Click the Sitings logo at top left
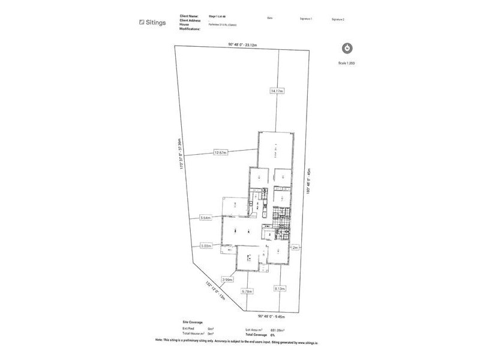tap(152, 22)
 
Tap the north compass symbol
tap(347, 48)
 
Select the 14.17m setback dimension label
tap(277, 91)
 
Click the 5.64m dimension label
tap(206, 218)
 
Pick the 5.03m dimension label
tap(206, 245)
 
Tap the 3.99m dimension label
tap(227, 280)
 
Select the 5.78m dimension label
tap(247, 291)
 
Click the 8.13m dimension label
tap(280, 288)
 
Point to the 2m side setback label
tap(295, 247)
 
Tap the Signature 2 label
tap(338, 19)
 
